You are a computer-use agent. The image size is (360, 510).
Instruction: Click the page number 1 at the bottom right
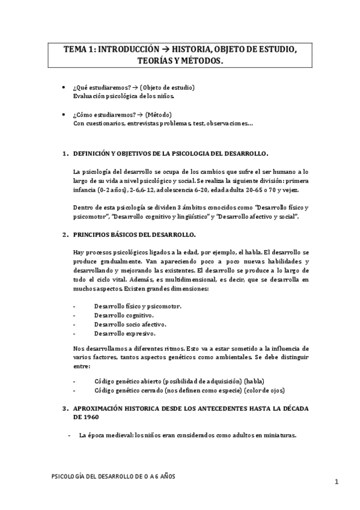(337, 482)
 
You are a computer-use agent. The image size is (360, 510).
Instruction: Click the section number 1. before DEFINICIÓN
(65, 154)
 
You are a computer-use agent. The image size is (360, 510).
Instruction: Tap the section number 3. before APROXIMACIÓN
(65, 408)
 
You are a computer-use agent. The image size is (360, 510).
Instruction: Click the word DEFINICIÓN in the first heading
(94, 154)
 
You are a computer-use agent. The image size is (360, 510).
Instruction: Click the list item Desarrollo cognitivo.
(123, 315)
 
